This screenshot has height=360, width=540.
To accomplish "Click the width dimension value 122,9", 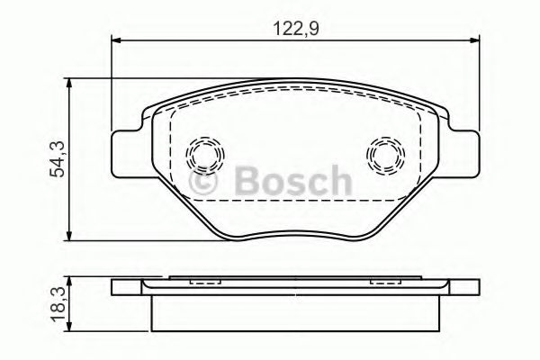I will point(296,28).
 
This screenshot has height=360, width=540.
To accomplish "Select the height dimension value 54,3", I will point(56,160).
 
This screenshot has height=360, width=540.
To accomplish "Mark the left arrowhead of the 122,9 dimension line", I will point(115,40).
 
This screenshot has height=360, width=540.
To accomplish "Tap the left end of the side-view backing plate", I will point(119,288).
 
